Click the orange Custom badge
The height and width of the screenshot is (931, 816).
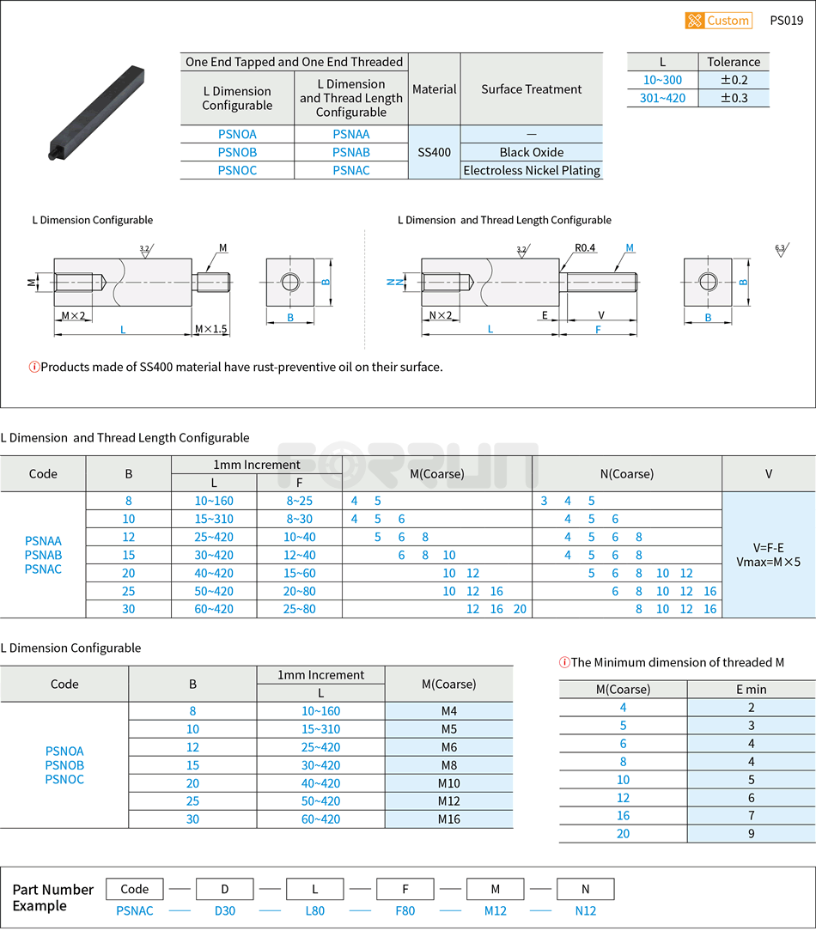coord(718,21)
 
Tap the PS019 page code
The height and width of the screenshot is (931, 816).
coord(786,21)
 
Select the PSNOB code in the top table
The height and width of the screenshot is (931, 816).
coord(237,152)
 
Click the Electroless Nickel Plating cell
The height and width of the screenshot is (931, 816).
coord(531,170)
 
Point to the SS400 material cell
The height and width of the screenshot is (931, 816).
coord(434,152)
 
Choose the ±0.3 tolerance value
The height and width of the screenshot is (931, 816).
coord(734,98)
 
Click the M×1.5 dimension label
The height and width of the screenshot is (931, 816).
coord(210,329)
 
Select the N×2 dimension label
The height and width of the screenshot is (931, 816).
coord(440,315)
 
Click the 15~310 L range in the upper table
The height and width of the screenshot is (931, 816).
coord(213,519)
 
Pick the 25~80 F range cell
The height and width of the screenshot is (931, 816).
coord(299,609)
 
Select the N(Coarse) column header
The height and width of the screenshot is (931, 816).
coord(626,473)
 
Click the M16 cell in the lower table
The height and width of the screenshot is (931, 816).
coord(448,819)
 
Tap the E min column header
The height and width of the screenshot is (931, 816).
coord(751,689)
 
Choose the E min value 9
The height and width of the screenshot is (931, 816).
coord(751,833)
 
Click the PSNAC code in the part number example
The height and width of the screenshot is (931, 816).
coord(135,910)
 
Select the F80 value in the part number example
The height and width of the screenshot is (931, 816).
coord(405,910)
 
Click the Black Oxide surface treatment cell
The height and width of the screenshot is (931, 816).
coord(531,152)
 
